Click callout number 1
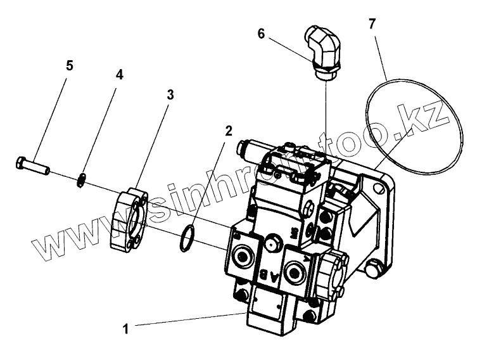tap(125, 328)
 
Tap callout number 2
tap(229, 132)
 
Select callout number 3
tap(170, 95)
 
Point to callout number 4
tap(119, 74)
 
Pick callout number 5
tap(70, 65)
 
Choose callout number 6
tap(260, 35)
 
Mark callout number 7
tap(372, 24)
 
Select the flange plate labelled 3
tap(132, 217)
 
